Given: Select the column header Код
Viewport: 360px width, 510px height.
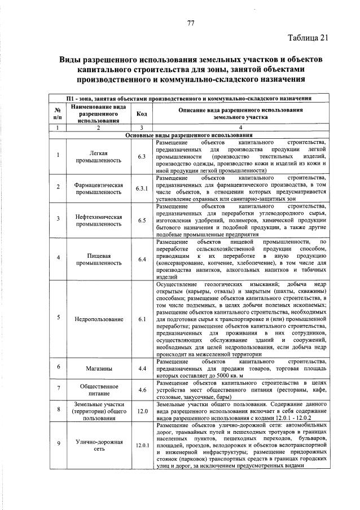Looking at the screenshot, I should pyautogui.click(x=142, y=113).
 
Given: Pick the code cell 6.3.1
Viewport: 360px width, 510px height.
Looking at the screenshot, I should pyautogui.click(x=142, y=188).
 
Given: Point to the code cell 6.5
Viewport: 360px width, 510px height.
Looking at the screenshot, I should pyautogui.click(x=142, y=221).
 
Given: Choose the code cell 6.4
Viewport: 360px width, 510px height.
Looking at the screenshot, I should pyautogui.click(x=142, y=259).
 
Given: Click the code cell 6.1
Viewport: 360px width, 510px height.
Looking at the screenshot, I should pyautogui.click(x=142, y=319).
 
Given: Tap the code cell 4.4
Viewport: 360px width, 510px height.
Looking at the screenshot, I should pyautogui.click(x=142, y=368).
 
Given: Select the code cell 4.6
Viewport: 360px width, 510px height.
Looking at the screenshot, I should pyautogui.click(x=142, y=390).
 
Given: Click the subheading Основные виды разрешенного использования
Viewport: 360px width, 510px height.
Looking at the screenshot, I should pyautogui.click(x=188, y=135).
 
